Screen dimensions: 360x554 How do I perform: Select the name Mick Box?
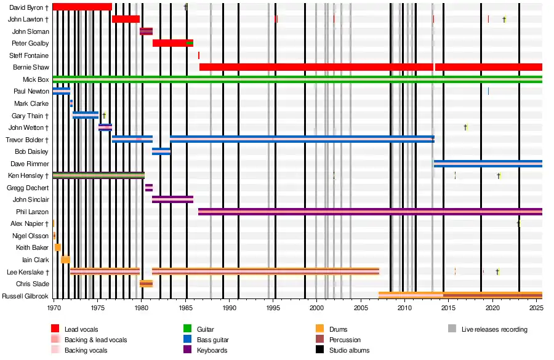(36, 79)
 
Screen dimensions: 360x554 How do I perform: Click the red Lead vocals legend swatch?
(55, 329)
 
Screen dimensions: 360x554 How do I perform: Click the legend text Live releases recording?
(494, 329)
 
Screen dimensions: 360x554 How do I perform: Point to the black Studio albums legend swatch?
(319, 350)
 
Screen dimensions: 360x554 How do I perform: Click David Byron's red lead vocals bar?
(82, 7)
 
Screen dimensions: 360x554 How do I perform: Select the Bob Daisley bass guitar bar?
(161, 151)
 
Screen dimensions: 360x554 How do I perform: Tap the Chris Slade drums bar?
(146, 284)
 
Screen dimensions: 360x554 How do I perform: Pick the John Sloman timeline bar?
(146, 31)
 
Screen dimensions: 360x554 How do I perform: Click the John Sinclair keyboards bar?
(172, 199)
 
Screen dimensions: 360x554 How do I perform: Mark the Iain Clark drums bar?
(65, 260)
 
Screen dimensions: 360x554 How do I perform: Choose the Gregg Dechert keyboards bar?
(149, 188)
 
